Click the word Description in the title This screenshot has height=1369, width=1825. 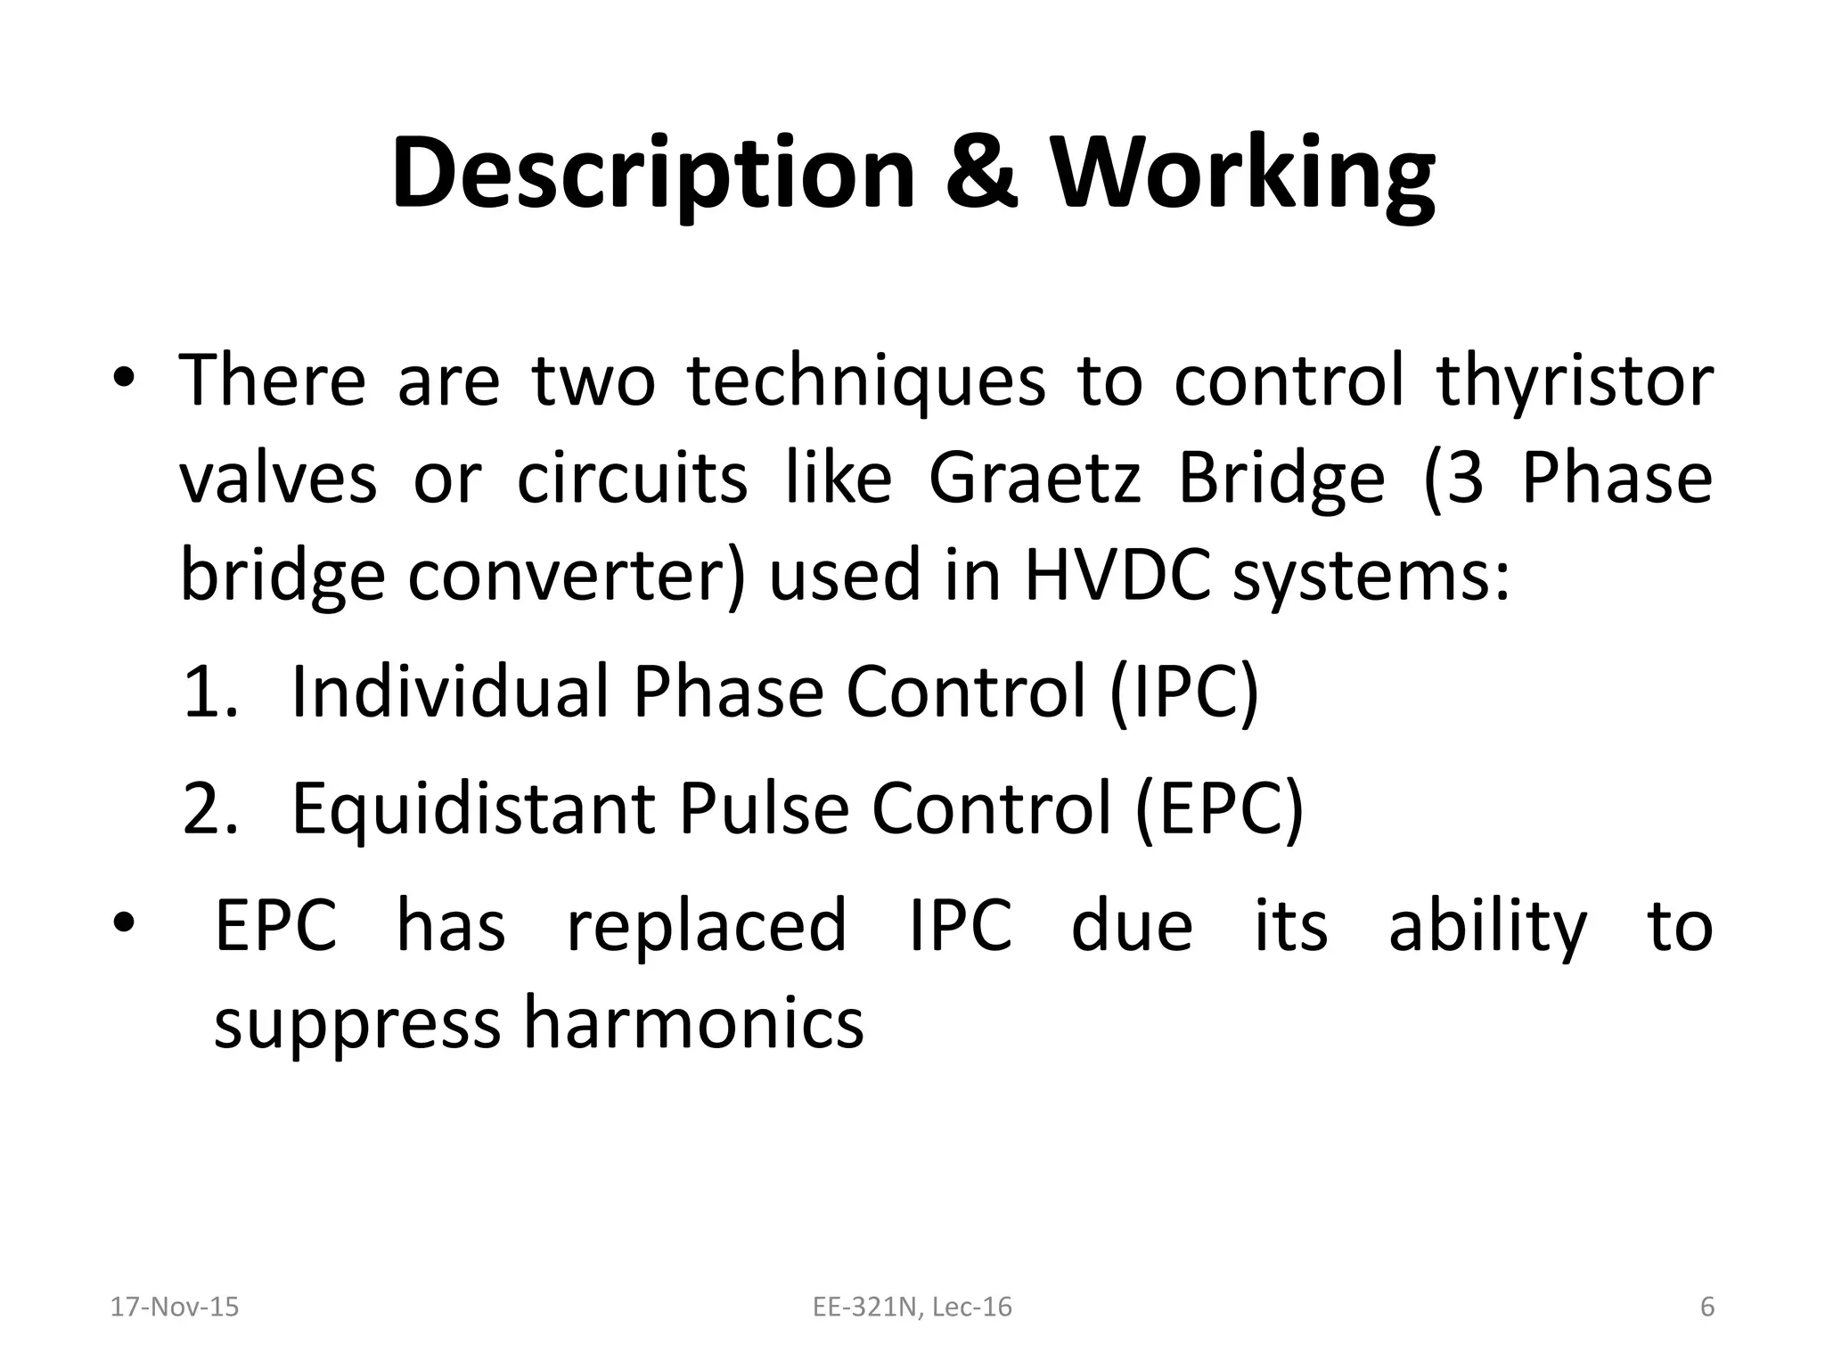[x=653, y=174]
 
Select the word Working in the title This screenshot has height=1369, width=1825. [x=1244, y=174]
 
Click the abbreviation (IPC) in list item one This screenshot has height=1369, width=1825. [x=1184, y=693]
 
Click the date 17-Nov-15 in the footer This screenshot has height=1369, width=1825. [x=174, y=1308]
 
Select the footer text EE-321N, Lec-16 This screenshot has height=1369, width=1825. [x=912, y=1308]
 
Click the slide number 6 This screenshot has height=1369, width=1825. [x=1706, y=1308]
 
